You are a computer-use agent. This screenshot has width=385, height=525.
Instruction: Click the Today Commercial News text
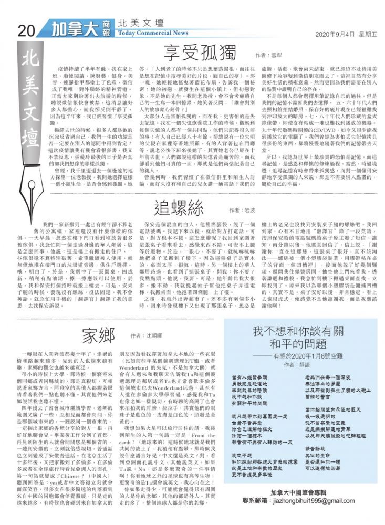[x=153, y=33]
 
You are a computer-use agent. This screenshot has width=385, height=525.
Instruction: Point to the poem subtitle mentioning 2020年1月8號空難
[x=304, y=355]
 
